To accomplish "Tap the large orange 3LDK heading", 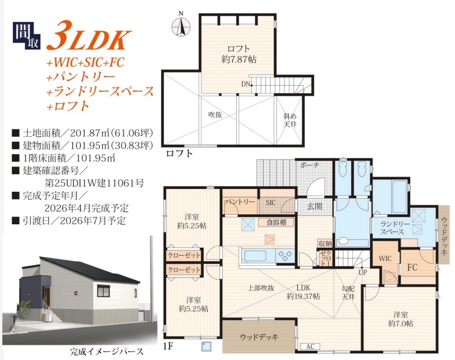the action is coord(88,36).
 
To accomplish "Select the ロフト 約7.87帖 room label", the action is coord(238,54).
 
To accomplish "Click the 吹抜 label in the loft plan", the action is coord(215,114).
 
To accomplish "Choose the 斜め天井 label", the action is coord(289,120).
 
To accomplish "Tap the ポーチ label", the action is coord(310,165).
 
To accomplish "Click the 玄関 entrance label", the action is coord(315,206).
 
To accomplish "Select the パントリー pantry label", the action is coord(240,202).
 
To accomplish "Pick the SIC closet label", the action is coord(271,202).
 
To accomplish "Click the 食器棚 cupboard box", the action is coord(276,223).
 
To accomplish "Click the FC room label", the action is coord(412,267).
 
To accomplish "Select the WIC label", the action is coord(385,258).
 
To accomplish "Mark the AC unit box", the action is coord(310,347).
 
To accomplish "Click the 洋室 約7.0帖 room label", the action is coord(401,319).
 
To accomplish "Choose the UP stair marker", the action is coord(363,272).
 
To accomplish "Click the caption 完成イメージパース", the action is coord(107,352).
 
